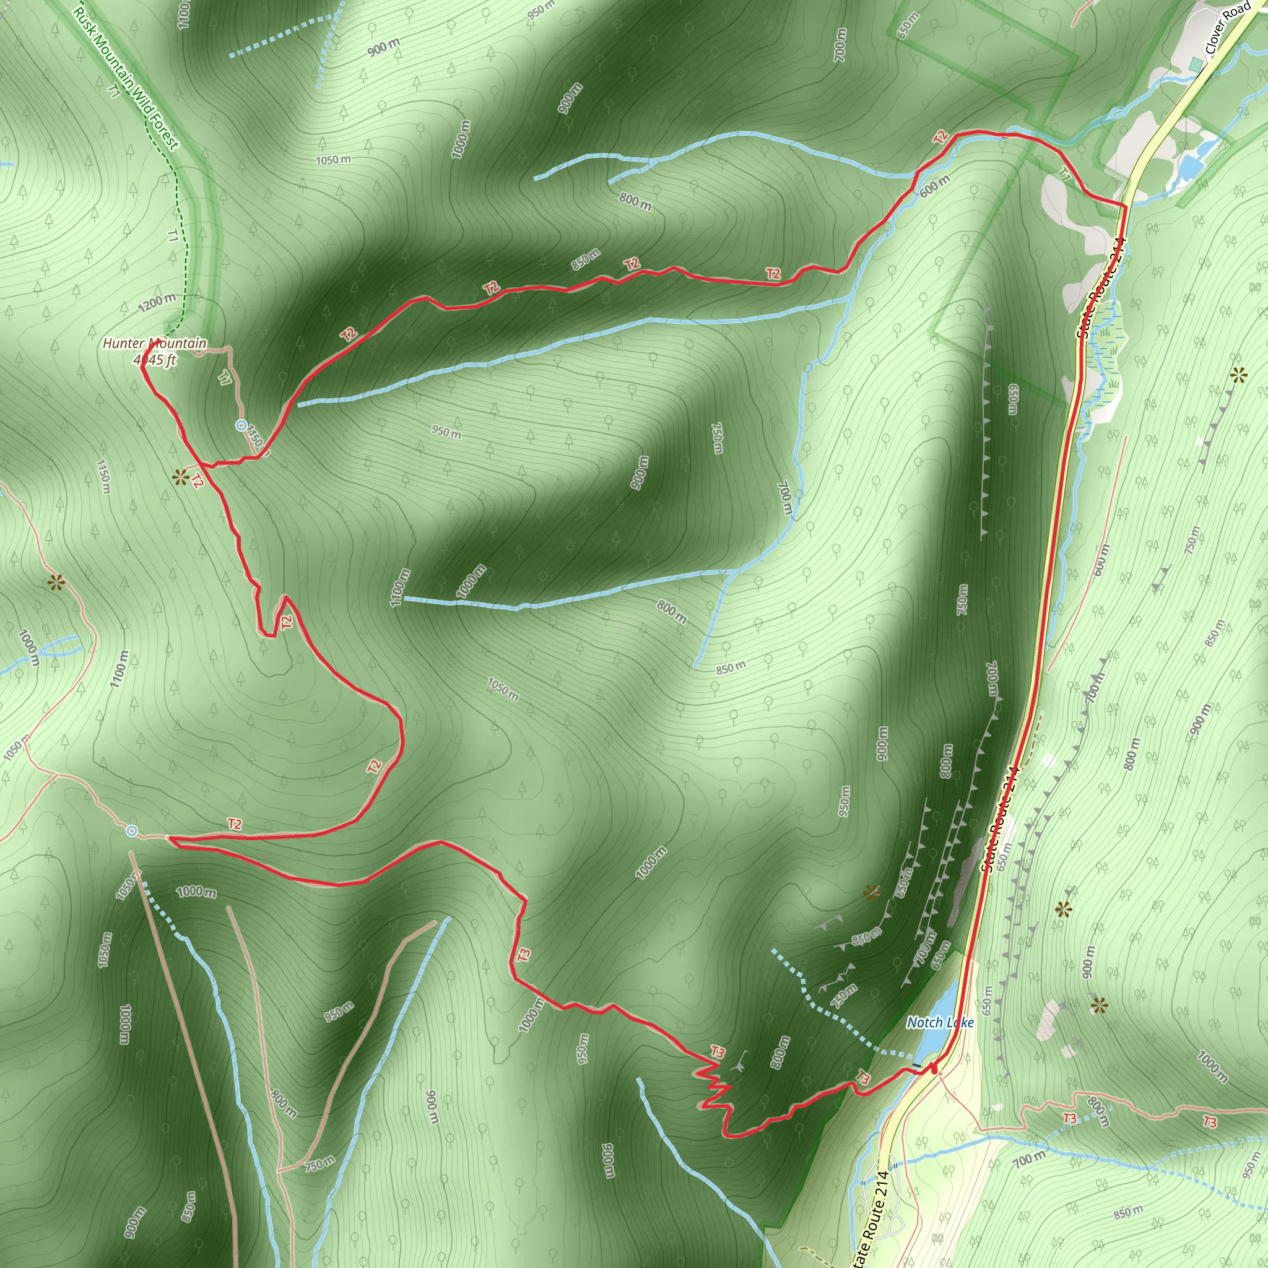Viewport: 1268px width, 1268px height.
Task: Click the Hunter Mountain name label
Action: tap(154, 343)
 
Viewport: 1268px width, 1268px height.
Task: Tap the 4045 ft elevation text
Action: tap(155, 360)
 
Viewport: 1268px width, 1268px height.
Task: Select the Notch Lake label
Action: tap(940, 1023)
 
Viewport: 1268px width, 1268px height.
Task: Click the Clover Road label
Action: tap(1227, 28)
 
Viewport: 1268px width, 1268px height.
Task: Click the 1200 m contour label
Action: tap(157, 303)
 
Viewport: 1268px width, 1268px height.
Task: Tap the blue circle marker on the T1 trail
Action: tap(241, 425)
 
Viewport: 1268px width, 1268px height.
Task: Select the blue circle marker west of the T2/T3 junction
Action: tap(132, 831)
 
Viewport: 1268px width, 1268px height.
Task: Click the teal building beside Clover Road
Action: tap(1196, 63)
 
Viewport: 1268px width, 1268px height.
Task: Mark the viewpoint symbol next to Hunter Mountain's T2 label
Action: tap(180, 477)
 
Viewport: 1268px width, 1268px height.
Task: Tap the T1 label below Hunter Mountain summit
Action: tap(225, 378)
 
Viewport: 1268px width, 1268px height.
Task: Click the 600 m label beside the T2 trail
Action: tap(934, 186)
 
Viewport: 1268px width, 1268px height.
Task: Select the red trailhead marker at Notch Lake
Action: tap(934, 1069)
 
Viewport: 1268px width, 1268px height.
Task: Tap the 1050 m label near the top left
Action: tap(332, 160)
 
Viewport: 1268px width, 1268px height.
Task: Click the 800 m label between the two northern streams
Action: tap(635, 201)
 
